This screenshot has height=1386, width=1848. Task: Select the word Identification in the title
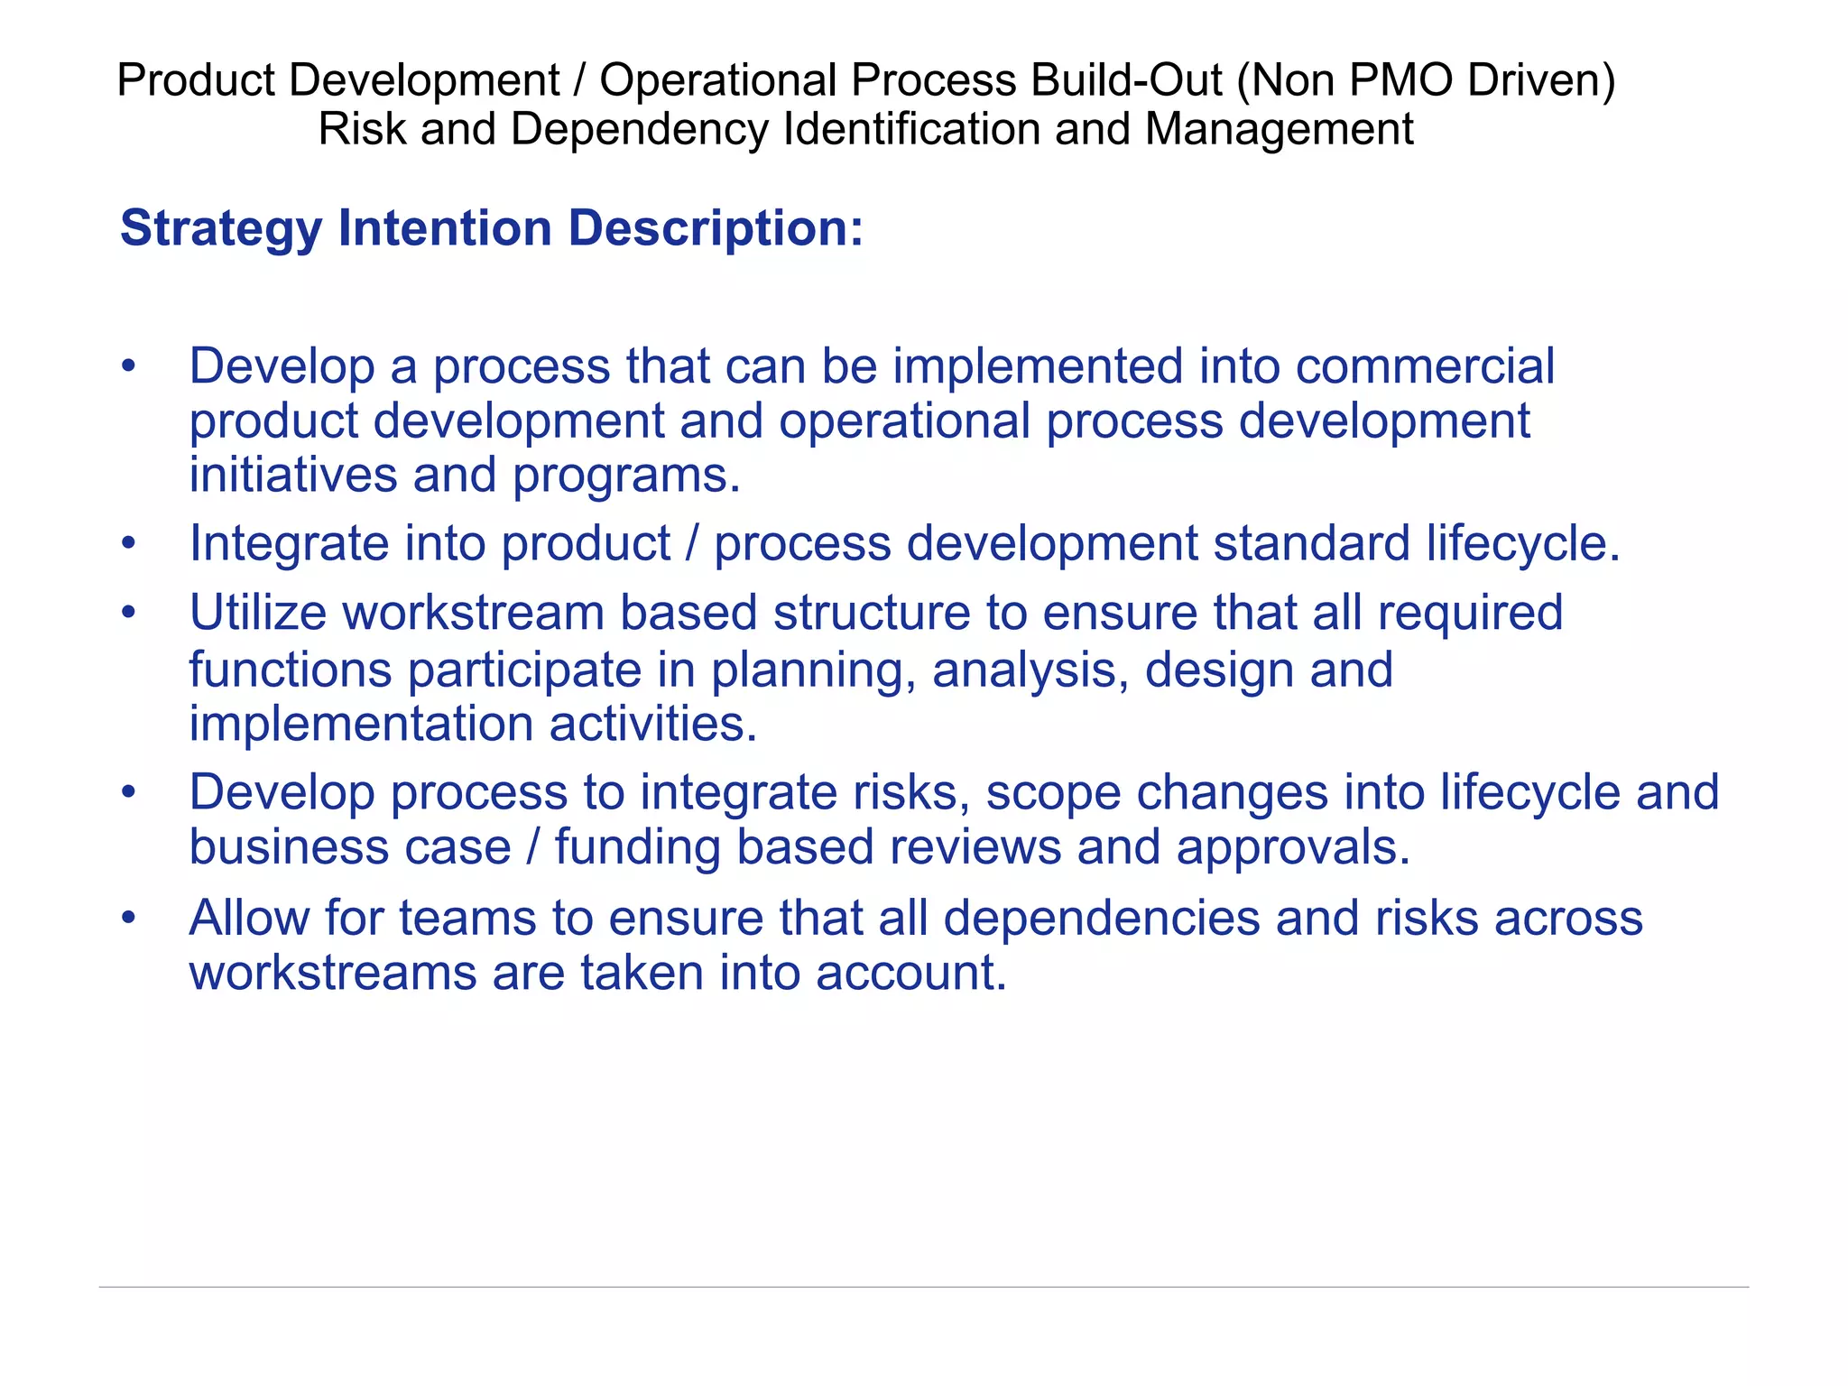tap(911, 129)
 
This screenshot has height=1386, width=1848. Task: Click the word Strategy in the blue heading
tap(220, 228)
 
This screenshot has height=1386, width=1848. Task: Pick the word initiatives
tap(292, 475)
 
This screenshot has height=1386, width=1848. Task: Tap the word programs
tap(626, 476)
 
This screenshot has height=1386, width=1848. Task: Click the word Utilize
tap(257, 613)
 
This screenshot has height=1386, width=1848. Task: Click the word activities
tap(653, 724)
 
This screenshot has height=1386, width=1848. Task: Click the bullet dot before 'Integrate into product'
tap(129, 544)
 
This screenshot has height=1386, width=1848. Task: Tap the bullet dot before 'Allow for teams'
tap(129, 919)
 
